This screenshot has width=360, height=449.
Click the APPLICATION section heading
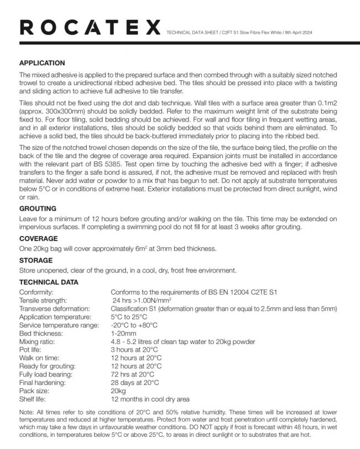coord(42,63)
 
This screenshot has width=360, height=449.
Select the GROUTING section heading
coord(38,209)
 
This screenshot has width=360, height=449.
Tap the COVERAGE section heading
coord(39,238)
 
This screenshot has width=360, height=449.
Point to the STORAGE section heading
coord(36,260)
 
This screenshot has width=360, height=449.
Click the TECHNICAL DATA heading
coord(49,282)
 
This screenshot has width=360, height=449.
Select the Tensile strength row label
coord(45,300)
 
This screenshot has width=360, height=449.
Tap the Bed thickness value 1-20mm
coord(123,333)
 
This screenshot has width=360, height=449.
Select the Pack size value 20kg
coord(118,390)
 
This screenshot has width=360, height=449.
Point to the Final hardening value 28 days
coord(135,382)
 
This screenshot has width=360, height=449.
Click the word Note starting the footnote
coord(26,413)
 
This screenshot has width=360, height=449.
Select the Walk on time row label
coord(39,358)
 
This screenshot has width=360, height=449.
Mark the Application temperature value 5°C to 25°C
coord(129,317)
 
